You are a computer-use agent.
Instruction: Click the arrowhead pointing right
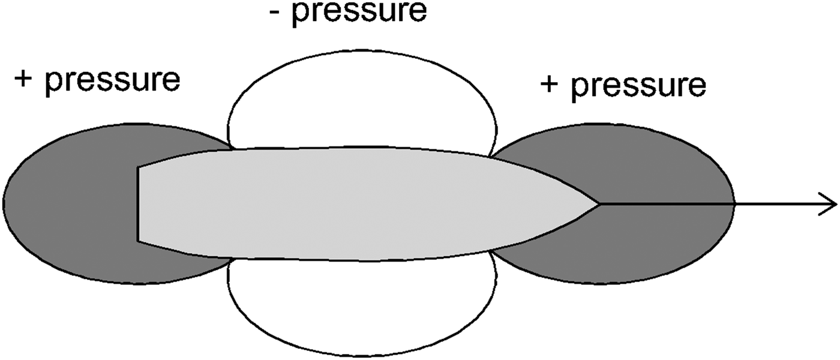tap(831, 204)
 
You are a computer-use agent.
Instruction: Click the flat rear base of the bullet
tap(139, 204)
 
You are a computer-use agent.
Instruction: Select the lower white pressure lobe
tap(362, 306)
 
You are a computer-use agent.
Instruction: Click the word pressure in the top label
tap(359, 13)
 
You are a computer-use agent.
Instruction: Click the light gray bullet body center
tap(360, 204)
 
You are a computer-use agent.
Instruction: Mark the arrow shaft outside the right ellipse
tap(780, 204)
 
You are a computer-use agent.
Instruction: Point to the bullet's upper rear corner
tap(139, 167)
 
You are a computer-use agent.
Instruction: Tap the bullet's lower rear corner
tap(139, 241)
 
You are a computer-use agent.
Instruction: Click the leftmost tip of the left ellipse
tap(3, 204)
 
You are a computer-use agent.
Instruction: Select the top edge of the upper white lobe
tap(362, 50)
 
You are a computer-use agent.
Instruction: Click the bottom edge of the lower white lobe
tap(362, 356)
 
